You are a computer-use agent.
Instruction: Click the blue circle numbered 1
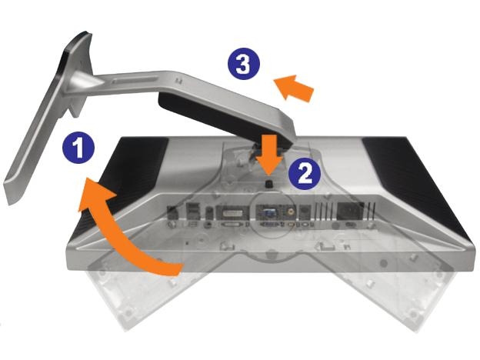pos(78,148)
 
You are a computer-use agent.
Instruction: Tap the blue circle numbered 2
pos(305,173)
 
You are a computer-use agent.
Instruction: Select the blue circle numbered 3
pos(244,64)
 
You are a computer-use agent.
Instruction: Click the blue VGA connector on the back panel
pos(269,212)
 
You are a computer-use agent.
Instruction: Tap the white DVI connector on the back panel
pos(232,212)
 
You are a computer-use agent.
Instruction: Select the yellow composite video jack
pos(291,211)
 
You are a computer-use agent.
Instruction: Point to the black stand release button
pos(269,184)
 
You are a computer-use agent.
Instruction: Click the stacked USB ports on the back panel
pos(192,211)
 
